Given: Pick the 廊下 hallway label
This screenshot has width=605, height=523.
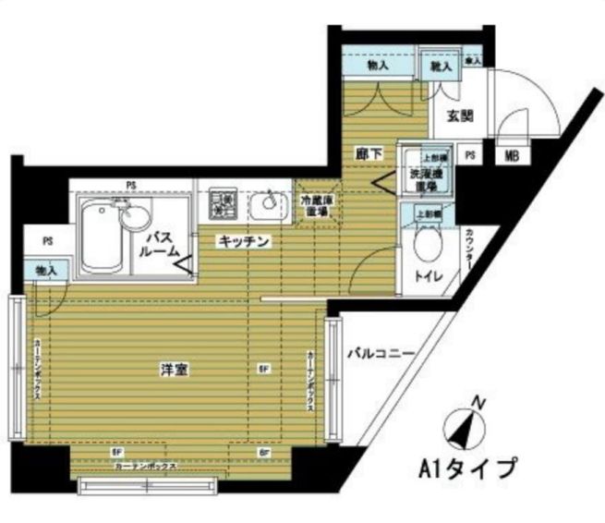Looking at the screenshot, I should (x=368, y=154).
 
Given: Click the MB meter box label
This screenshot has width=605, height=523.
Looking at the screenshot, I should (x=511, y=156).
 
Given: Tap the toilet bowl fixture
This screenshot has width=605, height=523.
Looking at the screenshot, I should (x=427, y=244).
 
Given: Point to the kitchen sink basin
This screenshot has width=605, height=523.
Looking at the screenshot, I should (x=269, y=201).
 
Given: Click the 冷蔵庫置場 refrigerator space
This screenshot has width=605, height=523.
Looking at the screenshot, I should (x=315, y=203).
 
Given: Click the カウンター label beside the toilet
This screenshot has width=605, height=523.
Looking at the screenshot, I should (x=469, y=249).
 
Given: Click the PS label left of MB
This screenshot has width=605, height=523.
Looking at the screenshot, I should (x=471, y=155).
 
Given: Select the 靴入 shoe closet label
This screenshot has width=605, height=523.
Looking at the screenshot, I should (x=441, y=67).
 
